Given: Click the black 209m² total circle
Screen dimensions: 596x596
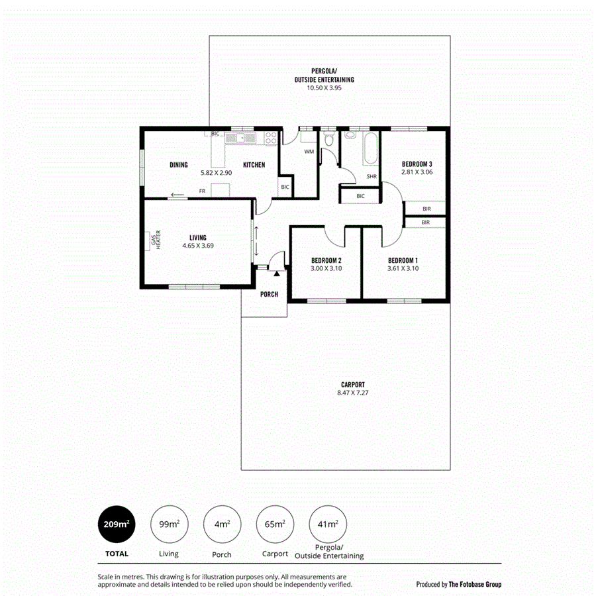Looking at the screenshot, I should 116,524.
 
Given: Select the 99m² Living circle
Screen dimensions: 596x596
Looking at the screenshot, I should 169,524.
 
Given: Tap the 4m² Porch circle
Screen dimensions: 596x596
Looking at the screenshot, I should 222,524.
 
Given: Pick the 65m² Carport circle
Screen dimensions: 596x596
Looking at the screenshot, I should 275,524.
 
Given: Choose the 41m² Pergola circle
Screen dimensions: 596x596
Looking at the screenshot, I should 328,524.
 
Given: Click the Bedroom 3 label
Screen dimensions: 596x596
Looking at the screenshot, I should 417,164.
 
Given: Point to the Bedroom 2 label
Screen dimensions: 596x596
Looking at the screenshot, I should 326,260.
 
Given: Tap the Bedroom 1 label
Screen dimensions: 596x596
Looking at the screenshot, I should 403,260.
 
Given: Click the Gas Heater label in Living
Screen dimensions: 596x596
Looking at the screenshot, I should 155,241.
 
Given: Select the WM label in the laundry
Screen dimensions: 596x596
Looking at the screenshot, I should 309,152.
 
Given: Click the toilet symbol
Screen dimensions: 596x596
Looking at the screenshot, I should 328,140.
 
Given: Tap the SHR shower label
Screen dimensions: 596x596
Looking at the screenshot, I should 372,176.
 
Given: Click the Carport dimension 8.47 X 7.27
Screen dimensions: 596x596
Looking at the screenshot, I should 353,393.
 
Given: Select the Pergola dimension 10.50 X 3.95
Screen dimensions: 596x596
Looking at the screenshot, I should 324,87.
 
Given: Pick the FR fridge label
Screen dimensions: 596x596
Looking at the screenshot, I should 202,191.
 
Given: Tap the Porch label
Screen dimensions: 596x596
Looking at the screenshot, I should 269,294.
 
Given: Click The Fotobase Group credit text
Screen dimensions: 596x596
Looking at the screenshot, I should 475,584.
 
